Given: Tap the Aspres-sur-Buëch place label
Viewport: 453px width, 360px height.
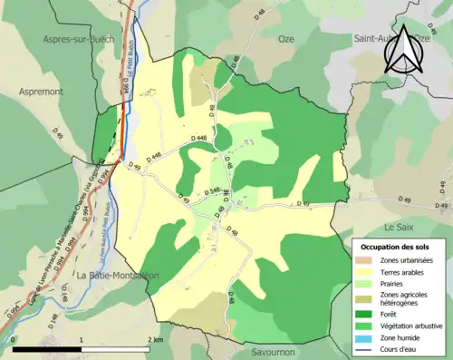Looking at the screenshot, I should click(75, 41).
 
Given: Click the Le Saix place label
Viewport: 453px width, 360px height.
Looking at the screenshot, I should click(400, 226).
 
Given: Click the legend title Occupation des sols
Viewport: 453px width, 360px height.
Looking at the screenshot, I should click(395, 247).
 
